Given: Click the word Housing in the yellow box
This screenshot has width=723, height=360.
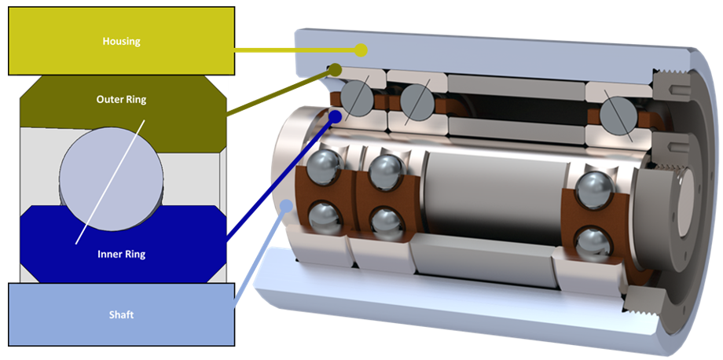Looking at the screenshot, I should [x=121, y=41].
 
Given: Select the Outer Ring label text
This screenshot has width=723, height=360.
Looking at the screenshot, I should [x=121, y=100].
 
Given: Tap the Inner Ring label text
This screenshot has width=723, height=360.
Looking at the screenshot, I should [x=121, y=254].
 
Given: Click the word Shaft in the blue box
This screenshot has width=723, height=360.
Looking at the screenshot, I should [x=121, y=314].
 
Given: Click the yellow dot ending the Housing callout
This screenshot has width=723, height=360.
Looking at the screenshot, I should [x=361, y=50].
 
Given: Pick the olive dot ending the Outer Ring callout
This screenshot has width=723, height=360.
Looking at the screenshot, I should [x=336, y=70].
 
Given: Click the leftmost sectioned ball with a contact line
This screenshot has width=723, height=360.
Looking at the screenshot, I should [x=357, y=99].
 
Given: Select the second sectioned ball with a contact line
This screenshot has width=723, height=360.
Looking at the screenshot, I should [x=416, y=101].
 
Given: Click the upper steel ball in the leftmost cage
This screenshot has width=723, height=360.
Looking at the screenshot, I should [x=323, y=168].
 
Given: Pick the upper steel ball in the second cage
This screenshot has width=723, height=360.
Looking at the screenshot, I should [x=385, y=171].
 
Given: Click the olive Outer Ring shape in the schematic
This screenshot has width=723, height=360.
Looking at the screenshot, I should [x=47, y=110].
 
